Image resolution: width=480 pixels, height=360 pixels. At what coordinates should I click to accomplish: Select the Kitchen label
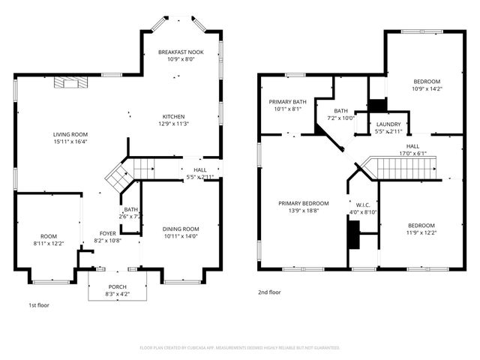click(x=174, y=117)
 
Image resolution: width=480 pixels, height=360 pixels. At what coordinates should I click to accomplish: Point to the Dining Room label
click(x=181, y=229)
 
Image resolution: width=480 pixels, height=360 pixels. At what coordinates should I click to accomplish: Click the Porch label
click(x=117, y=286)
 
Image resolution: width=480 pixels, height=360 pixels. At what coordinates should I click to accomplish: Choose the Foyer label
click(x=108, y=233)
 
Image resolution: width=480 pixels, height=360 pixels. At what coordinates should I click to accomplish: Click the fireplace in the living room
click(x=69, y=82)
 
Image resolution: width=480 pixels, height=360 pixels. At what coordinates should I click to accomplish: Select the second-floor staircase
click(x=405, y=167)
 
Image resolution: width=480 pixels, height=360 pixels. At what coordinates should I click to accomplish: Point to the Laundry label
click(x=388, y=124)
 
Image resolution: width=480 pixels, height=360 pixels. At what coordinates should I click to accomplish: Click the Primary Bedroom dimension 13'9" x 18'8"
click(x=304, y=211)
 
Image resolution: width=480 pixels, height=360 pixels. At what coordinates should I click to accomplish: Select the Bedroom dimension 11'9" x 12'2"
click(x=421, y=232)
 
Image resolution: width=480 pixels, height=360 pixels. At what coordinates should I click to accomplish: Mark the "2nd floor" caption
click(x=268, y=292)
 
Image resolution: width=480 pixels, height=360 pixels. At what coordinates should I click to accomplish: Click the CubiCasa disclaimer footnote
click(x=240, y=347)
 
